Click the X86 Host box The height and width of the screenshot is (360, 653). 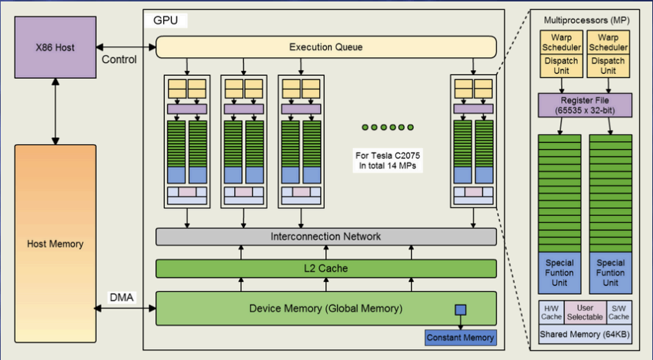pyautogui.click(x=55, y=48)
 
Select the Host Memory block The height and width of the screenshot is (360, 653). pyautogui.click(x=55, y=244)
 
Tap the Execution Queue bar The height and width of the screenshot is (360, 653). pyautogui.click(x=326, y=48)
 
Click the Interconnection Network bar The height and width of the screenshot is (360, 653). pyautogui.click(x=326, y=236)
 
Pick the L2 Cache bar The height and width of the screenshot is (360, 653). pyautogui.click(x=326, y=268)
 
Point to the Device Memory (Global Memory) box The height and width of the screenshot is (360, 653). pyautogui.click(x=326, y=309)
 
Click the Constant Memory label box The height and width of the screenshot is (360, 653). pyautogui.click(x=460, y=338)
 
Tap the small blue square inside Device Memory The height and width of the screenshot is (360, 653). pyautogui.click(x=460, y=310)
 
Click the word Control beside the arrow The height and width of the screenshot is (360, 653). pyautogui.click(x=119, y=59)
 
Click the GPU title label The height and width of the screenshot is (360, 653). pyautogui.click(x=166, y=20)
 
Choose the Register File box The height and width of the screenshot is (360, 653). pyautogui.click(x=585, y=105)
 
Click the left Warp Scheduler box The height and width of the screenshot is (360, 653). pyautogui.click(x=560, y=41)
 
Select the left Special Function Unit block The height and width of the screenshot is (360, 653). pyautogui.click(x=560, y=273)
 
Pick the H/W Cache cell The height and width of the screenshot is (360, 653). pyautogui.click(x=552, y=311)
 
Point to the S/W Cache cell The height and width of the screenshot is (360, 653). pyautogui.click(x=618, y=311)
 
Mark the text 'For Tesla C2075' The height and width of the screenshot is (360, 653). pyautogui.click(x=383, y=155)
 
